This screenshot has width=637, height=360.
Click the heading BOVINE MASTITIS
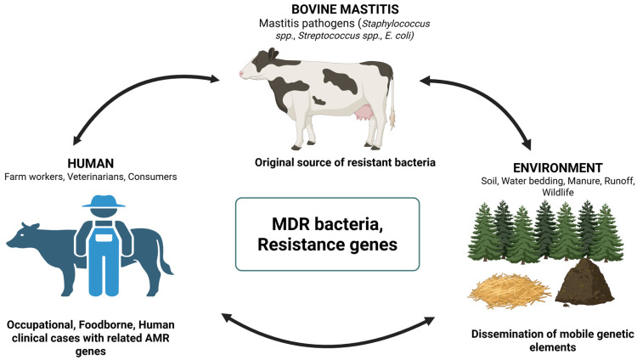345,9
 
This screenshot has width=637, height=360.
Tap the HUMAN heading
91,163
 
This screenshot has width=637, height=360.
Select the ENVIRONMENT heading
558,168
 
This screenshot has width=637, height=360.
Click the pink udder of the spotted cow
363,112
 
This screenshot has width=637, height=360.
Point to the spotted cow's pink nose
241,74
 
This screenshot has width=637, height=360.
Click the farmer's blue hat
104,201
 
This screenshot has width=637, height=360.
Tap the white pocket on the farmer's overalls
103,237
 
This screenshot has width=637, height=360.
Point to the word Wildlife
558,192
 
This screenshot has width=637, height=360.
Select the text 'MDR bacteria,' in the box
327,224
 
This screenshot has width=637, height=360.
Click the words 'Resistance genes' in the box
328,245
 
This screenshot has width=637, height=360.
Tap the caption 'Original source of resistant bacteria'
345,162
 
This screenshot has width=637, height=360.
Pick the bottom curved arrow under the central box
328,346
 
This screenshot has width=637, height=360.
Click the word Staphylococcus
396,24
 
